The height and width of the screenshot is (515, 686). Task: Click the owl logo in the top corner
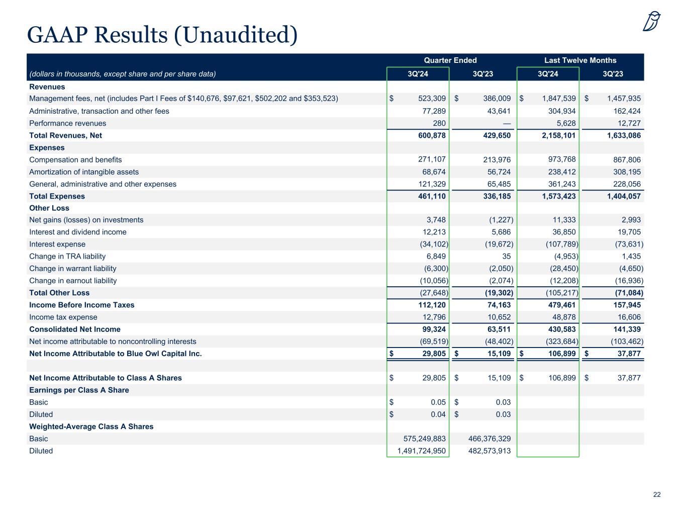[x=651, y=22]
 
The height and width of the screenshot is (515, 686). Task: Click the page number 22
[x=656, y=495]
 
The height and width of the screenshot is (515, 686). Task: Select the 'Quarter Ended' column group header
[x=450, y=60]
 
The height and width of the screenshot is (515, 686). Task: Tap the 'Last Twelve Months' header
[x=580, y=60]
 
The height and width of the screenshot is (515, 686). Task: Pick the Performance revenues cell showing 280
[x=439, y=123]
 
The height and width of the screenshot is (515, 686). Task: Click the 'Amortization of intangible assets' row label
[x=84, y=172]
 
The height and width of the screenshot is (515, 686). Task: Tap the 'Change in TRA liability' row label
[x=67, y=256]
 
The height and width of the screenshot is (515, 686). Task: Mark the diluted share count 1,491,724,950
[x=421, y=451]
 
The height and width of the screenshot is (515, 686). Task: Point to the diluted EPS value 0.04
[x=438, y=414]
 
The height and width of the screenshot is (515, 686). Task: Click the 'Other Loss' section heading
[x=49, y=208]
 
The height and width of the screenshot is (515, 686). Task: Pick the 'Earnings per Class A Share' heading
[x=79, y=390]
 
